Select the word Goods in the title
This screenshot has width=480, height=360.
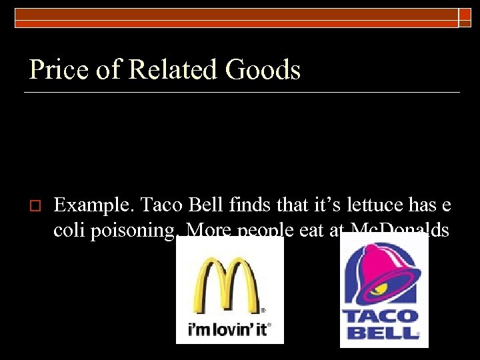click(x=263, y=69)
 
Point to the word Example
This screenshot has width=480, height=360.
click(x=90, y=205)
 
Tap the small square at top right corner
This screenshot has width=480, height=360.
click(x=465, y=18)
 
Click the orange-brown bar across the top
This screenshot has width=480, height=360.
click(x=233, y=13)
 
